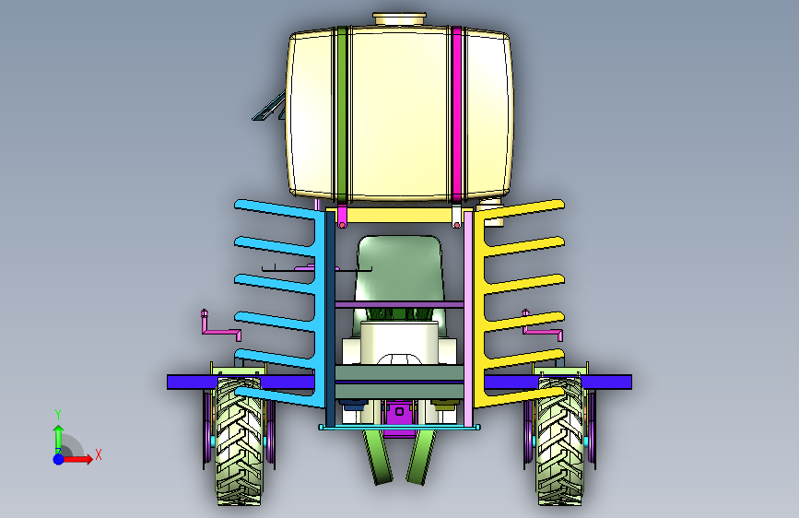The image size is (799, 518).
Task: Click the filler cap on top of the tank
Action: (x=400, y=19)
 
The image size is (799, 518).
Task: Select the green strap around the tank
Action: (x=341, y=113)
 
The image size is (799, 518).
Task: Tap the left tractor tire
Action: (x=239, y=441)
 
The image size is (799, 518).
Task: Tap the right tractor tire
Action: (x=560, y=441)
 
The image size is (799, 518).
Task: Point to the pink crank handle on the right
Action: (x=544, y=330)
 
